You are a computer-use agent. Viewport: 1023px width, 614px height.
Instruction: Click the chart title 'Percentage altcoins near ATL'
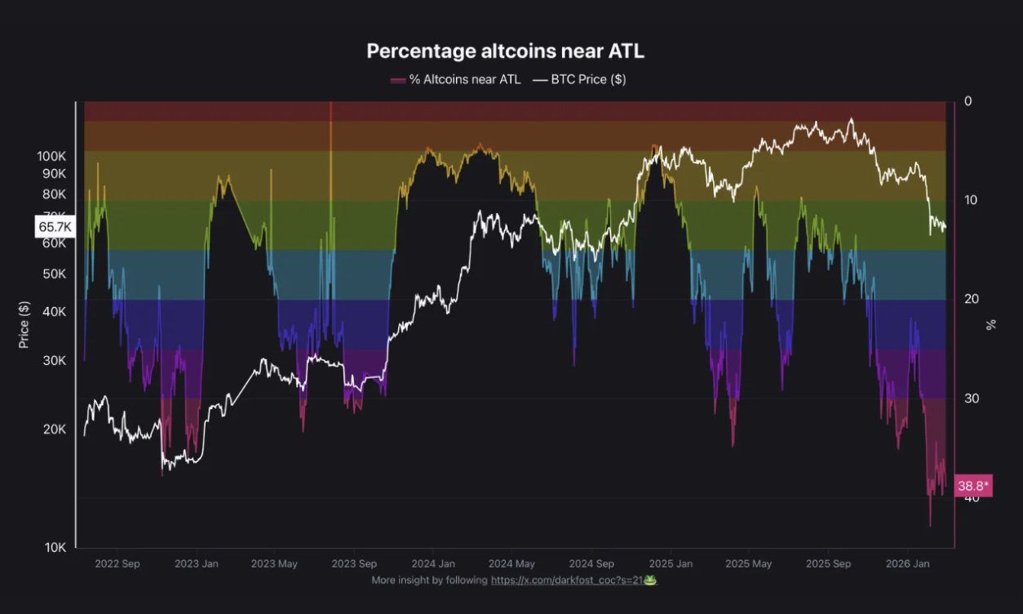[505, 51]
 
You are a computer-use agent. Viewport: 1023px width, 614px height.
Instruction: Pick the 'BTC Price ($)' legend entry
[579, 79]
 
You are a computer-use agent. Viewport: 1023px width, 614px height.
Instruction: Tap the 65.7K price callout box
[55, 226]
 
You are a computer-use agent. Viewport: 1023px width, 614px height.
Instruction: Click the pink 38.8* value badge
[972, 486]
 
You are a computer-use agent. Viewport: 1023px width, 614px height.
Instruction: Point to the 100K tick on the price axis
[51, 156]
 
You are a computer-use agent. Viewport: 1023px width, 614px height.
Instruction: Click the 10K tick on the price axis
[54, 547]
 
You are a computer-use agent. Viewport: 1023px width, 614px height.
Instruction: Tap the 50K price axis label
[54, 274]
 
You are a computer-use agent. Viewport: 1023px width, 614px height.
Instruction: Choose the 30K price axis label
[54, 361]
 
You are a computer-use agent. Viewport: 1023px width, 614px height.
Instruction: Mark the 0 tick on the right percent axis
[968, 101]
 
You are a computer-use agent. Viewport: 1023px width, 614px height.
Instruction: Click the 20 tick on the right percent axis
[971, 300]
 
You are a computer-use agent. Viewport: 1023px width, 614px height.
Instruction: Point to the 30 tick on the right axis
[971, 398]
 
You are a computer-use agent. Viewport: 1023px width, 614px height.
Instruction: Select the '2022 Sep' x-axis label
[117, 563]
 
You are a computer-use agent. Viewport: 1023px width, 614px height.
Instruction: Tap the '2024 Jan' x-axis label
[433, 563]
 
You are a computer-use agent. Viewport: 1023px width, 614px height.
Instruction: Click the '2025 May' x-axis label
[748, 563]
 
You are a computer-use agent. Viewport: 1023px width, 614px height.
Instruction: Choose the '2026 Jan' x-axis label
[908, 563]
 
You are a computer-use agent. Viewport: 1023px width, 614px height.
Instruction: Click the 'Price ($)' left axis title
[24, 324]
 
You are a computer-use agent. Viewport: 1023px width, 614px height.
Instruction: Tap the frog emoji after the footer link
[650, 580]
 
